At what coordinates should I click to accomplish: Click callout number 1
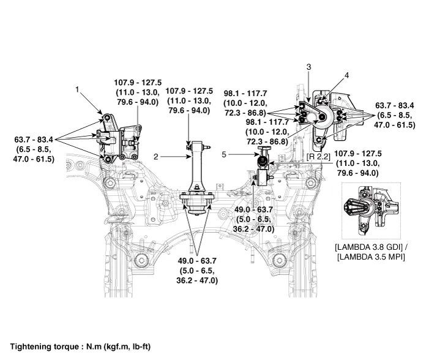78,89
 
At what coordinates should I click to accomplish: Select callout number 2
156,157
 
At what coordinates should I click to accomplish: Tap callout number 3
309,66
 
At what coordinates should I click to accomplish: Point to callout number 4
346,75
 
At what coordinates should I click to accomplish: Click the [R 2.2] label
319,157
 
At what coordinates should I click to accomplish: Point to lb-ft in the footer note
136,346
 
